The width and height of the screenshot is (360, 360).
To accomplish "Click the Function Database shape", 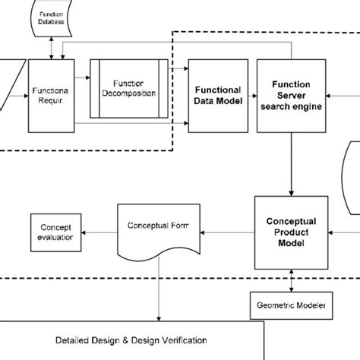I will (x=52, y=17).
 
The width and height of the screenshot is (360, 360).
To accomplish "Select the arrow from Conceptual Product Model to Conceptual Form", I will (x=226, y=227).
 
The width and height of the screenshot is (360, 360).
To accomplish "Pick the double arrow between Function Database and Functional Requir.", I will (x=51, y=46).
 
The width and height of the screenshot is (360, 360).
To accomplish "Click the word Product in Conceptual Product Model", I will (x=290, y=232).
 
